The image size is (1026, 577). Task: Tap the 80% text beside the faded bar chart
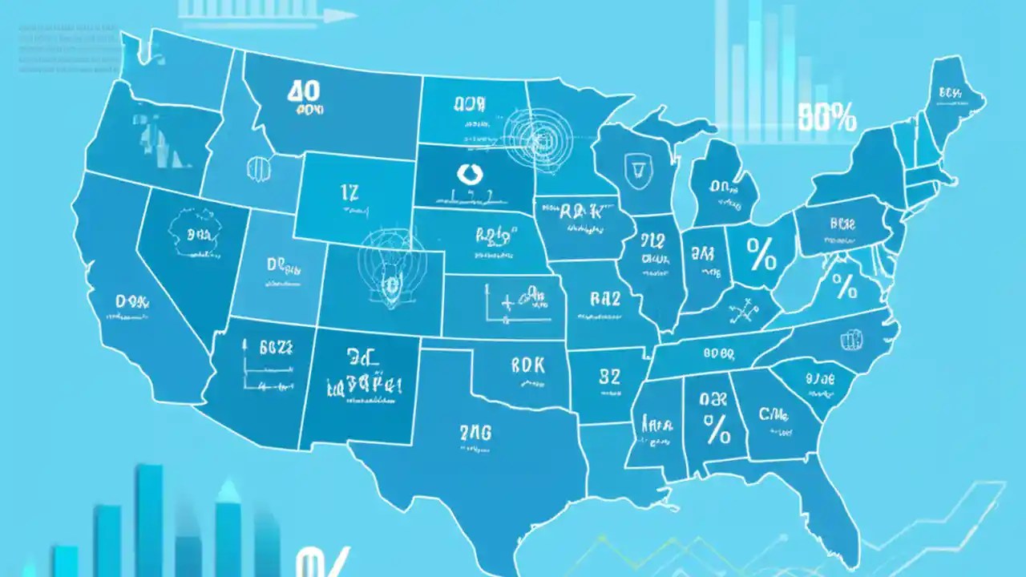tap(827, 119)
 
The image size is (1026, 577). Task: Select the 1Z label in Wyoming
tap(349, 192)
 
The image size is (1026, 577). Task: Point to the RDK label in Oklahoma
tap(527, 365)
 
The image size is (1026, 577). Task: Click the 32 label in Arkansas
tap(610, 377)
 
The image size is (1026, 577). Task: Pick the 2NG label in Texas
tap(475, 433)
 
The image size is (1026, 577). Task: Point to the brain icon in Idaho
tap(259, 167)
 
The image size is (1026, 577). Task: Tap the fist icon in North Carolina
tap(850, 340)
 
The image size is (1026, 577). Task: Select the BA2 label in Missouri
tap(605, 300)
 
